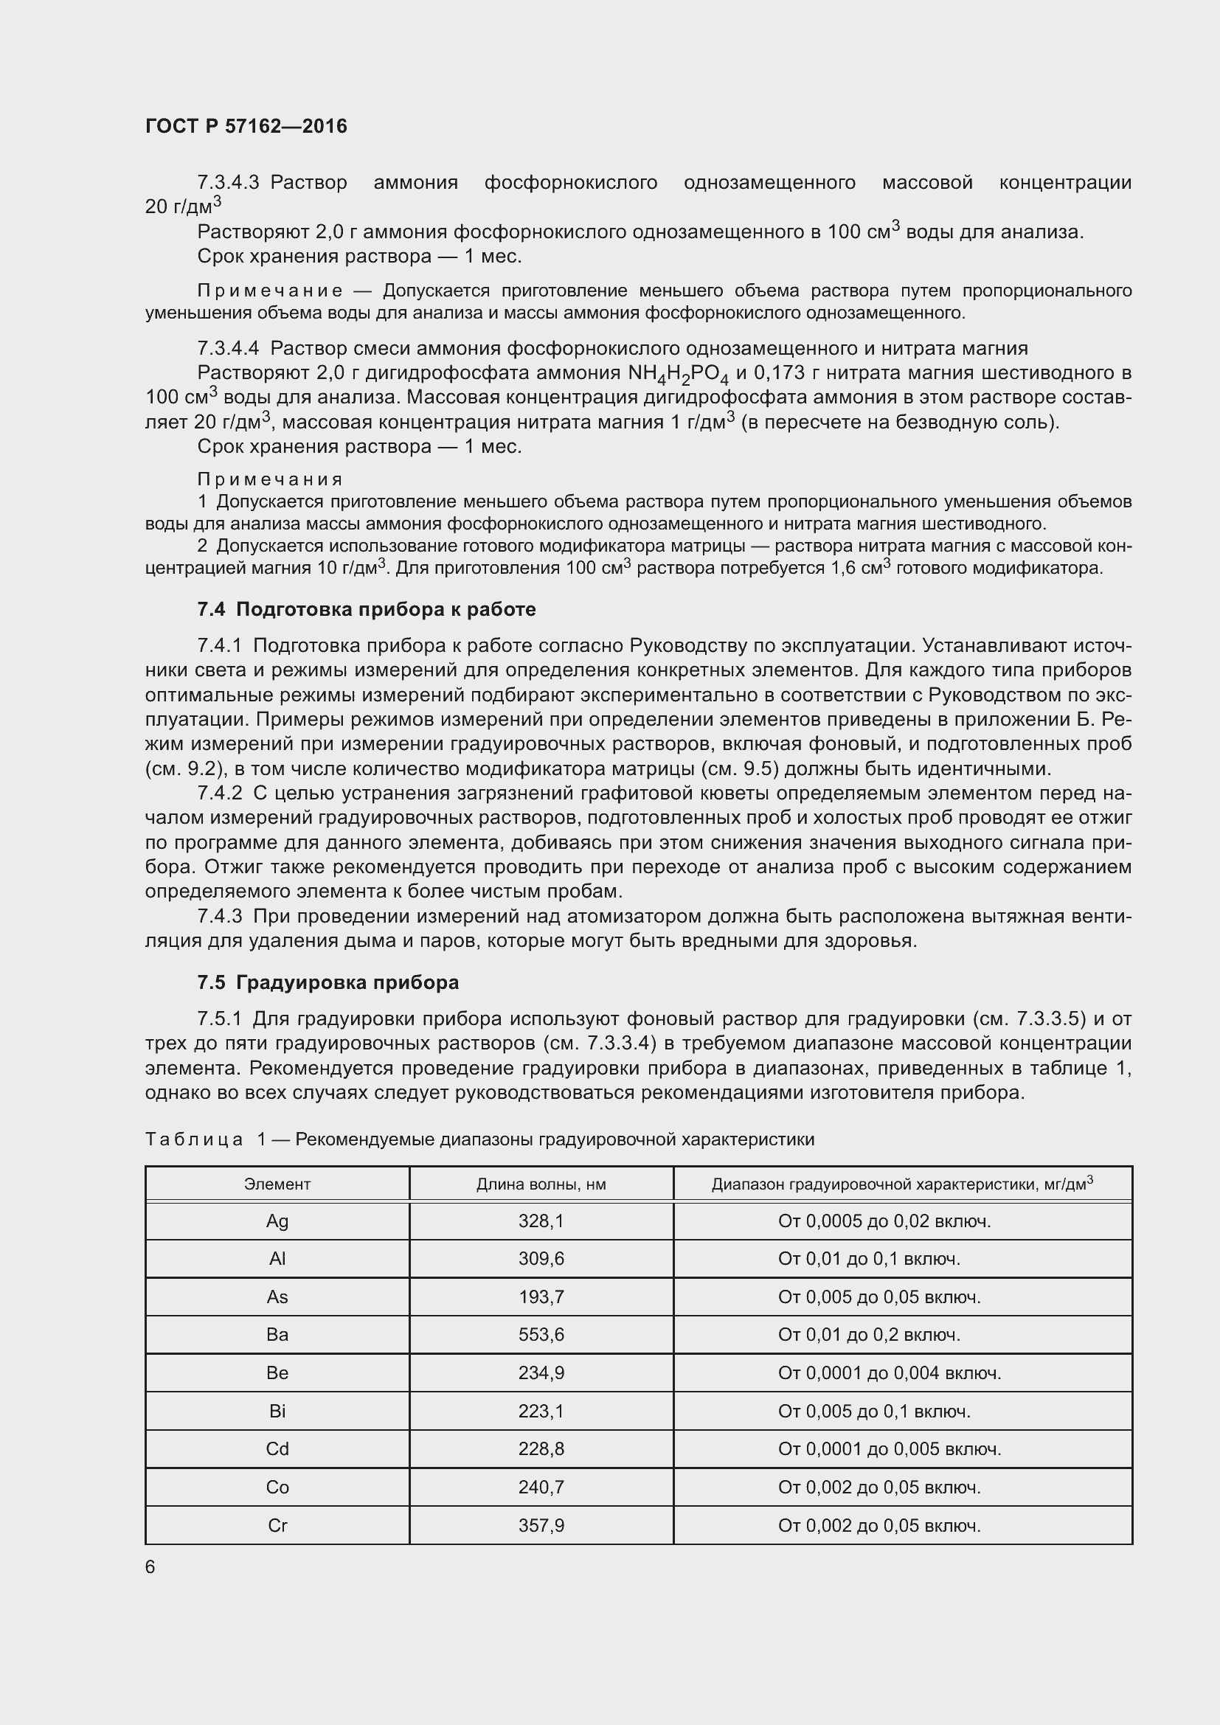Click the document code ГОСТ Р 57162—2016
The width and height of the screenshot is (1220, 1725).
[246, 126]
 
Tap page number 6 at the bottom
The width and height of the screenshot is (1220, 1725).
[150, 1566]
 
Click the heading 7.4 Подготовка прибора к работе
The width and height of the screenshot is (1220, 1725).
[367, 609]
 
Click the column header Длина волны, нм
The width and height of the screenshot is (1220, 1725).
[541, 1185]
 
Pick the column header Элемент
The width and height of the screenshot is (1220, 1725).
[277, 1185]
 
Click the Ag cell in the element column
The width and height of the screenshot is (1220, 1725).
[277, 1221]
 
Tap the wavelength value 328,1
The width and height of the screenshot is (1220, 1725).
[541, 1221]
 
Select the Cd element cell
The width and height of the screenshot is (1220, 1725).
[277, 1449]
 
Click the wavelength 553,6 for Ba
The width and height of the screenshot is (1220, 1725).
[541, 1335]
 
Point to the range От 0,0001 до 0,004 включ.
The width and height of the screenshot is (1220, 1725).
[890, 1373]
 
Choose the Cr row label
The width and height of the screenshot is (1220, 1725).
[277, 1526]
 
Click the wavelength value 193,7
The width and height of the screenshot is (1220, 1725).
[541, 1297]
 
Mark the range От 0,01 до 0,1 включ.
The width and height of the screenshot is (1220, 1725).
[869, 1259]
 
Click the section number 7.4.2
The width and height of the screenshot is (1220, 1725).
[219, 794]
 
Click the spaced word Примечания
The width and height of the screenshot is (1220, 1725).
[270, 479]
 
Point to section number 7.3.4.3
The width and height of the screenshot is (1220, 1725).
[228, 183]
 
